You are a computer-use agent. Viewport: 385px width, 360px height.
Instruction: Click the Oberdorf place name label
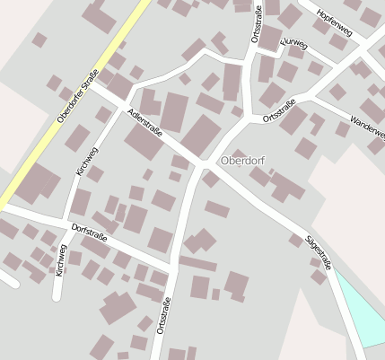point(242,162)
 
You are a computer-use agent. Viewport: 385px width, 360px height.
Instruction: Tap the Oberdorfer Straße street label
point(76,101)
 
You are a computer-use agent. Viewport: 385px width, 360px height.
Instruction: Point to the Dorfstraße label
point(89,232)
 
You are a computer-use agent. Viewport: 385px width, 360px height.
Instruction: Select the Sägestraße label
point(319,252)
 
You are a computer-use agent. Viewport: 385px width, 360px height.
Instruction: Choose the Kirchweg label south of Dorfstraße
point(61,260)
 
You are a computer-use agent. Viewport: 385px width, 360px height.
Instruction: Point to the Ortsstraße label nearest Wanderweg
point(280,111)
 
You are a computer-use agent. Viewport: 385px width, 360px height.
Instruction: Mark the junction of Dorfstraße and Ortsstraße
point(172,265)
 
